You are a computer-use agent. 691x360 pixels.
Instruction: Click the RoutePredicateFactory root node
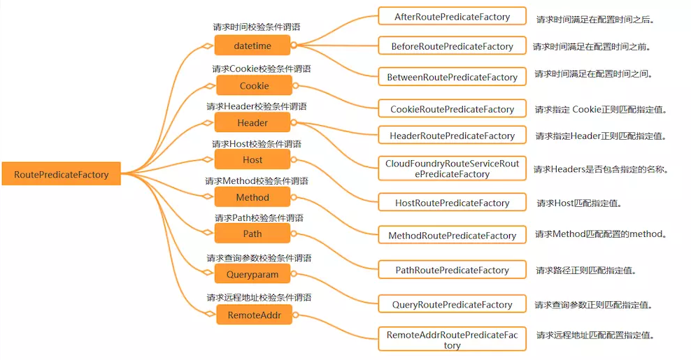[x=61, y=174]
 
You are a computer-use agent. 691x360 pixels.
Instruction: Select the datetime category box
[x=252, y=46]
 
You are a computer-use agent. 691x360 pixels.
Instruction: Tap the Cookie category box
[x=254, y=86]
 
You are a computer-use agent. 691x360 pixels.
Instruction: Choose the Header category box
[x=252, y=123]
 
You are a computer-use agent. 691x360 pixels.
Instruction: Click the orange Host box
[x=252, y=160]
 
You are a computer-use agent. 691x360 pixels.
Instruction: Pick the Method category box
[x=252, y=198]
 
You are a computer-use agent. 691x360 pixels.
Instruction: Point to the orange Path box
[x=252, y=233]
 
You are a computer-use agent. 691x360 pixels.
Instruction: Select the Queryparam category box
[x=252, y=275]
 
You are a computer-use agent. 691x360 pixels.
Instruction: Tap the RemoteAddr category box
[x=254, y=315]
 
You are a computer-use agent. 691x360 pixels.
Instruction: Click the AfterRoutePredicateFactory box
[x=452, y=17]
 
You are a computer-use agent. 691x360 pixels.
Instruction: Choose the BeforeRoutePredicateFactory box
[x=452, y=47]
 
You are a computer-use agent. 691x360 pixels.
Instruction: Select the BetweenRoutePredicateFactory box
[x=452, y=78]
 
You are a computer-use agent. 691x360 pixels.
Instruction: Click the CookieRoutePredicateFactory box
[x=452, y=109]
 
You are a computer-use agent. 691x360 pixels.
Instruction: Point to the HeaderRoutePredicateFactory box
[x=452, y=136]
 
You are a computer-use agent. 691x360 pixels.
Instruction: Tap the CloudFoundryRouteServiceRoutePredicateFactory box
[x=452, y=168]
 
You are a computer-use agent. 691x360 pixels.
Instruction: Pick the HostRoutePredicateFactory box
[x=452, y=203]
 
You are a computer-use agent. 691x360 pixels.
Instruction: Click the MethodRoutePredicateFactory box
[x=452, y=236]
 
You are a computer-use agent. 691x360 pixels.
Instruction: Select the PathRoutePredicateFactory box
[x=452, y=270]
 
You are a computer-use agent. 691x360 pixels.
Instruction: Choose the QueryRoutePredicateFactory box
[x=452, y=305]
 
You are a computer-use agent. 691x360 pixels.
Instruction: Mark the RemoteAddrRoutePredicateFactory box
[x=452, y=340]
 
